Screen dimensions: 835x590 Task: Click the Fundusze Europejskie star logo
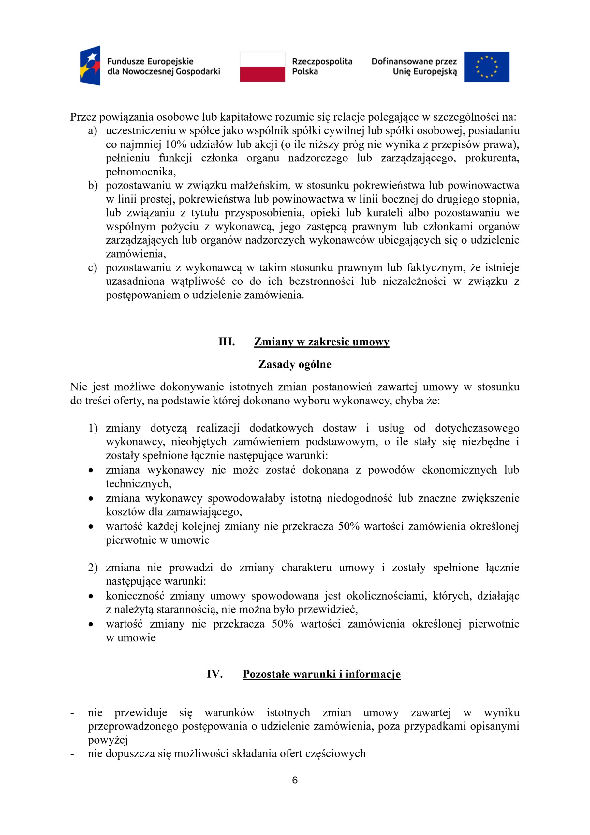pos(90,66)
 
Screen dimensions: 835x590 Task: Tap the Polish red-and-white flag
pos(262,67)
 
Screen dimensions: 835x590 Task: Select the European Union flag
pos(486,67)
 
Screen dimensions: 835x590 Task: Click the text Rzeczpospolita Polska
pos(322,66)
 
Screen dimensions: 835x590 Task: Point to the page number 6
pos(295,780)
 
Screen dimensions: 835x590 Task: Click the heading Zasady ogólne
pos(295,364)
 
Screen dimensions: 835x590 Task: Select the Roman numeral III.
pos(227,342)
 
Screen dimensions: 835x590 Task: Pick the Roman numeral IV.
pos(215,674)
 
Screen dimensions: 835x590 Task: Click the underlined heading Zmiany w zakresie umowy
pos(321,342)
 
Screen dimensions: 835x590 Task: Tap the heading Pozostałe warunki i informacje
pos(321,674)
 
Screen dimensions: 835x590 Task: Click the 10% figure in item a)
pos(176,144)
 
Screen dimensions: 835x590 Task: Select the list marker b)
pos(93,186)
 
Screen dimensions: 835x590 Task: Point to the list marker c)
pos(93,268)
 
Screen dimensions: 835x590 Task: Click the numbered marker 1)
pos(93,428)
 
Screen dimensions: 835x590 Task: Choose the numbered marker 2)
pos(93,567)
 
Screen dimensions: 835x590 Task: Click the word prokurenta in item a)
pos(492,158)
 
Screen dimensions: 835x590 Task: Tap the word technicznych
pos(138,484)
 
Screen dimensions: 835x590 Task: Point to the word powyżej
pos(108,740)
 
